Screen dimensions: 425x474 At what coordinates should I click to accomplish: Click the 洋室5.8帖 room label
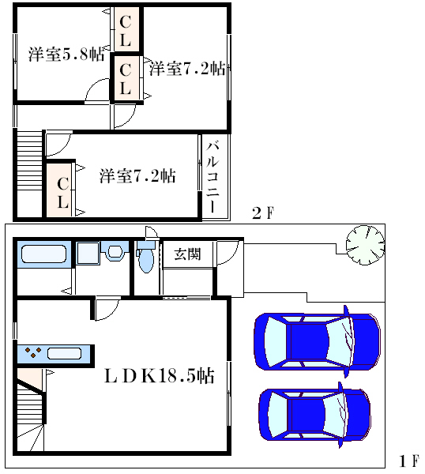(66, 55)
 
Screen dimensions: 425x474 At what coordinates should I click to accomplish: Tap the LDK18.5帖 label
(160, 376)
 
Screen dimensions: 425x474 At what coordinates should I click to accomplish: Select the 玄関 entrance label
(187, 254)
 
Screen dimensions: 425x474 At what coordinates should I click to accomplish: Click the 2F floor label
(263, 213)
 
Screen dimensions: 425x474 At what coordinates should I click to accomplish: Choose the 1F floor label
(409, 461)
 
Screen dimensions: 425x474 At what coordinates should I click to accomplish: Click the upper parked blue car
(317, 341)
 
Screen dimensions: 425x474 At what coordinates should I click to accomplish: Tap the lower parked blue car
(314, 415)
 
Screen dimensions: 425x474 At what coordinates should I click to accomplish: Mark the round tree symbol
(366, 245)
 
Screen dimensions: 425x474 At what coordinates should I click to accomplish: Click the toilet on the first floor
(146, 257)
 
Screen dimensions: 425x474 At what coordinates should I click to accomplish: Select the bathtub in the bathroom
(43, 254)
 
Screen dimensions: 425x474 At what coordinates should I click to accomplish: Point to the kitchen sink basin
(64, 354)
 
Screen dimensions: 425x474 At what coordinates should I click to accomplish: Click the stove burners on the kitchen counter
(33, 352)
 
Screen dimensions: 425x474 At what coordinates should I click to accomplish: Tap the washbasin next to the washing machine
(115, 251)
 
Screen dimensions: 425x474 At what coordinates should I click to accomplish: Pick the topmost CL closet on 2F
(126, 30)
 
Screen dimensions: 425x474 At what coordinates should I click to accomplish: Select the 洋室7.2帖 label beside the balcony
(137, 175)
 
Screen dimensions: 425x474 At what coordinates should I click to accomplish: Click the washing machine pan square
(88, 254)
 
